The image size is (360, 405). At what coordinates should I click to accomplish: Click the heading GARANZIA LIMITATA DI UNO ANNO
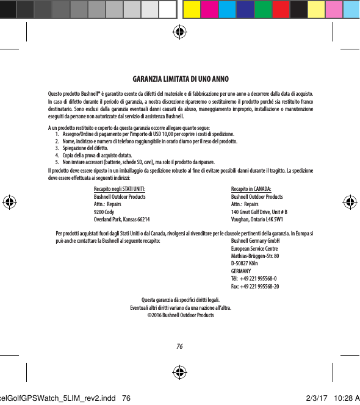coord(180,80)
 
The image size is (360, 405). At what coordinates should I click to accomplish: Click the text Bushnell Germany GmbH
coord(258,242)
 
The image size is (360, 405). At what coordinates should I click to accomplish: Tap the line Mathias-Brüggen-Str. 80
coord(255,256)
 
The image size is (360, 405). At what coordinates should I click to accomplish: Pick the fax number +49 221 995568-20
coord(255,286)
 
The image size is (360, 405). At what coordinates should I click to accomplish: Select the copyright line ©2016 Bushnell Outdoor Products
coord(180,315)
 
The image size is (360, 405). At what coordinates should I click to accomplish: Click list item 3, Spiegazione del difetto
coord(85,148)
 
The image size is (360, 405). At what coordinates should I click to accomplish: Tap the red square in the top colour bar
coord(281,9)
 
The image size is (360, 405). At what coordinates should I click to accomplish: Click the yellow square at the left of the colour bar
coord(191,9)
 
